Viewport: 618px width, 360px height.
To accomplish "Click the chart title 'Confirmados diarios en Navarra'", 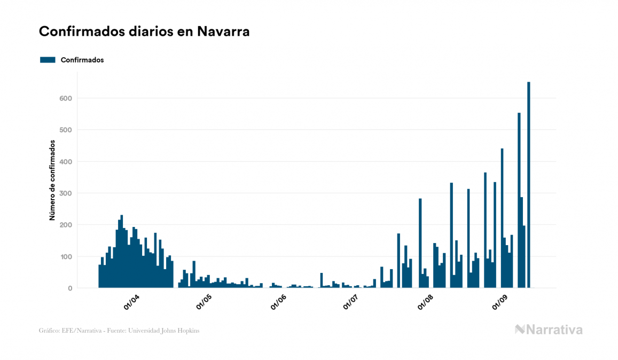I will [x=144, y=32].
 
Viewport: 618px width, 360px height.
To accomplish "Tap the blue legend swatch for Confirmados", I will [x=48, y=60].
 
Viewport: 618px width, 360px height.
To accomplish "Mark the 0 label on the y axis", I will [x=69, y=288].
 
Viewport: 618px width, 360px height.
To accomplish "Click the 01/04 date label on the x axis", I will [x=131, y=302].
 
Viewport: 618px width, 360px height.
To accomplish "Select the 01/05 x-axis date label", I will [x=204, y=302].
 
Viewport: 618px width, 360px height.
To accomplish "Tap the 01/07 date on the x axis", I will [x=350, y=302].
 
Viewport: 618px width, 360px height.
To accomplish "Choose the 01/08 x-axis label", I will [x=425, y=302].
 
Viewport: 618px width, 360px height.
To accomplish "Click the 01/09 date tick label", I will [x=499, y=302].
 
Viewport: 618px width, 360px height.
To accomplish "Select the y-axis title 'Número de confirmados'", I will [x=52, y=180].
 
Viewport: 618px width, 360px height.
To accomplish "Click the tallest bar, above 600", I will [x=529, y=184].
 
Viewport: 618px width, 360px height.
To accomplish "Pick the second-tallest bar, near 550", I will [x=519, y=200].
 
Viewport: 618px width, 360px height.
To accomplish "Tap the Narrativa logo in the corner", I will [x=549, y=330].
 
